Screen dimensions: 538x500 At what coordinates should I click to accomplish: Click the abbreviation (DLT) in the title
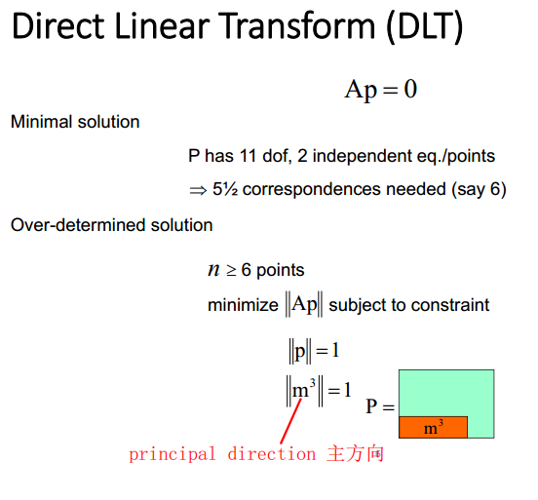coord(425,26)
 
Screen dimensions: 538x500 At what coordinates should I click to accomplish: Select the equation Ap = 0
coord(381,90)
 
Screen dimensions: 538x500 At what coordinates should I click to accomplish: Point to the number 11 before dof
coord(248,156)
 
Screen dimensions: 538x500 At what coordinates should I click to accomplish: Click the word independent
coord(362,157)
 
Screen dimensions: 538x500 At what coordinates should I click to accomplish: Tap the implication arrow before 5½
coord(198,190)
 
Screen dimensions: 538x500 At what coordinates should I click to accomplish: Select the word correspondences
coord(312,190)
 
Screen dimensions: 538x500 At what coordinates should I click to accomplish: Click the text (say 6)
coord(479,189)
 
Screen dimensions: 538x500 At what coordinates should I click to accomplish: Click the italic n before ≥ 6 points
coord(213,270)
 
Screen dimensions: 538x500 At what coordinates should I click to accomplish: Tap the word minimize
coord(243,305)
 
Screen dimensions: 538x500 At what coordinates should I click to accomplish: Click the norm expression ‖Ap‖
coord(304,304)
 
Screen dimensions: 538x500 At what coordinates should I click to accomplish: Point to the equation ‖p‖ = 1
coord(314,351)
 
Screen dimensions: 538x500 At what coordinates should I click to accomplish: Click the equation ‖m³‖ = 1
coord(319,391)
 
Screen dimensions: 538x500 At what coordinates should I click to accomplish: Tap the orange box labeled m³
coord(433,427)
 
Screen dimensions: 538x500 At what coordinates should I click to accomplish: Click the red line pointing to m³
coord(291,421)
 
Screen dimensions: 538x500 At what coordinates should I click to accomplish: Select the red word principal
coord(172,454)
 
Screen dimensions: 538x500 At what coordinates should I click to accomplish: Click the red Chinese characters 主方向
coord(355,453)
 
